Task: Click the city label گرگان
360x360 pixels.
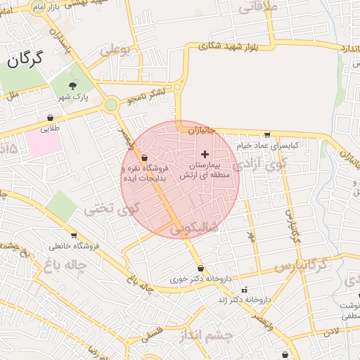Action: click(x=25, y=60)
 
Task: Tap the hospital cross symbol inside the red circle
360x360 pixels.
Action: click(x=205, y=153)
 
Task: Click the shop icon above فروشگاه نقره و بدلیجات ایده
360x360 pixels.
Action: click(x=144, y=157)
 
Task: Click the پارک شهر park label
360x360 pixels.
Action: click(x=70, y=98)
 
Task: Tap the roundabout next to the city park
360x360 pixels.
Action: click(x=110, y=105)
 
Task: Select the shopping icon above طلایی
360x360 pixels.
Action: click(x=51, y=117)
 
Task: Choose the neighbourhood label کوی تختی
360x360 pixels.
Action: click(x=112, y=209)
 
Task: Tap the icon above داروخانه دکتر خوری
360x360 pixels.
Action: click(x=201, y=268)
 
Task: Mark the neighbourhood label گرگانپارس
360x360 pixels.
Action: click(x=302, y=266)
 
